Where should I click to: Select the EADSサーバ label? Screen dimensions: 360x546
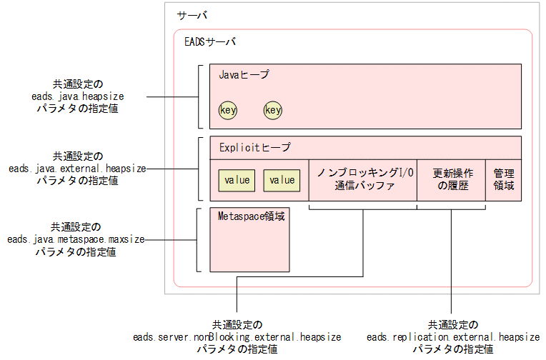(210, 42)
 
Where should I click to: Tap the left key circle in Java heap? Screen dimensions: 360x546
(228, 110)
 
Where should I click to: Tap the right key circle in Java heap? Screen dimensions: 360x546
(273, 110)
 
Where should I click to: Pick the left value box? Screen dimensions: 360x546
(237, 180)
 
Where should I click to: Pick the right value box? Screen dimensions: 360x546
(282, 180)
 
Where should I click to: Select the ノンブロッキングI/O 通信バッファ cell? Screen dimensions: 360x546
(362, 180)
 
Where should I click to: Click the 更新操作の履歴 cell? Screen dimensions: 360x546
(452, 180)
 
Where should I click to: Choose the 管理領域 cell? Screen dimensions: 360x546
(504, 180)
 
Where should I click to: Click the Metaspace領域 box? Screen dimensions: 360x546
(251, 240)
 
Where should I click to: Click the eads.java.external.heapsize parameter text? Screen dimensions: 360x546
(77, 169)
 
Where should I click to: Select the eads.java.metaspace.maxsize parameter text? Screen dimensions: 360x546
(77, 240)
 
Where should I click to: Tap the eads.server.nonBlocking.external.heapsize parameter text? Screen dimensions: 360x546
(237, 336)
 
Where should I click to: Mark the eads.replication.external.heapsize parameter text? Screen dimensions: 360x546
(453, 336)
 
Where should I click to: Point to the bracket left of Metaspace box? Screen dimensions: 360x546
(199, 240)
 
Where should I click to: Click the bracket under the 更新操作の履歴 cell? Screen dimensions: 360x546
(451, 209)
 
